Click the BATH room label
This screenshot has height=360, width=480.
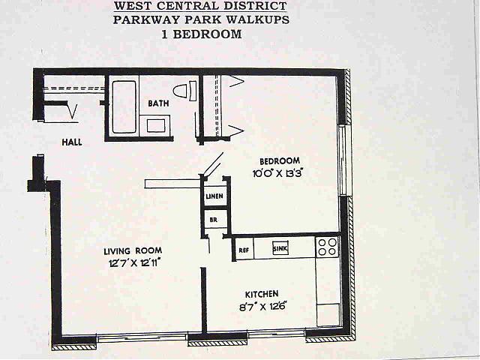click(158, 103)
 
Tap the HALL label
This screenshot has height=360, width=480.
click(72, 142)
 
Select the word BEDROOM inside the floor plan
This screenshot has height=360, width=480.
click(280, 161)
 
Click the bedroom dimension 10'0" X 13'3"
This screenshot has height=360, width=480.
click(277, 173)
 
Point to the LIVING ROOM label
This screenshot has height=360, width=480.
click(133, 251)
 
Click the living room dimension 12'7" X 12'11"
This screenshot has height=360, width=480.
click(135, 263)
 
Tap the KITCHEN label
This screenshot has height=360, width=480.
click(262, 294)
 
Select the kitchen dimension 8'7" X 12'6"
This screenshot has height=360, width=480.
click(262, 307)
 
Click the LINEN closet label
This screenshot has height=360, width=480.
click(214, 196)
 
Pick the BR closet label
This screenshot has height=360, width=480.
click(214, 220)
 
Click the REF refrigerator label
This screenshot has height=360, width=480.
click(244, 250)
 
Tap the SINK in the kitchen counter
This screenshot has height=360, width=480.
click(280, 248)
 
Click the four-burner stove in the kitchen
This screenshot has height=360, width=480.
click(328, 247)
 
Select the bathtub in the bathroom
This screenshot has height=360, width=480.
click(124, 106)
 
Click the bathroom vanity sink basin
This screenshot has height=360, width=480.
click(156, 125)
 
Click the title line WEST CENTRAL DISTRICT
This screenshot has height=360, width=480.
click(201, 5)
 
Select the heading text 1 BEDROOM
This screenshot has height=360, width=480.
click(202, 34)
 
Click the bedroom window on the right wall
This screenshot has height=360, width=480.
click(345, 160)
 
